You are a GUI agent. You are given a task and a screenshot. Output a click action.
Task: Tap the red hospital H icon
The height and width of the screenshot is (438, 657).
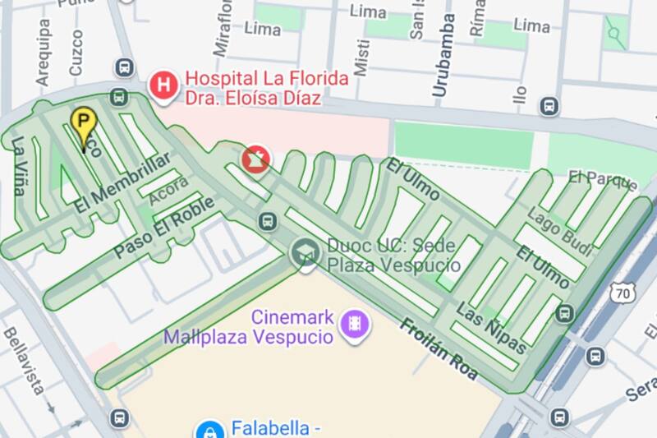164,84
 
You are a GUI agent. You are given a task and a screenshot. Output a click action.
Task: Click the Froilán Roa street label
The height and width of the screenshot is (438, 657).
439,348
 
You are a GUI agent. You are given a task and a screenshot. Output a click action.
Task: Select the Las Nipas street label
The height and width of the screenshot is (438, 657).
490,326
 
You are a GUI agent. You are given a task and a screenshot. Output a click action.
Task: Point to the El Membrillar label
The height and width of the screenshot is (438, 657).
122,182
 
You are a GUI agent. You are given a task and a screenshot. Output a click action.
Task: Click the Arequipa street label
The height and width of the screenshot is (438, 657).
44,51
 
